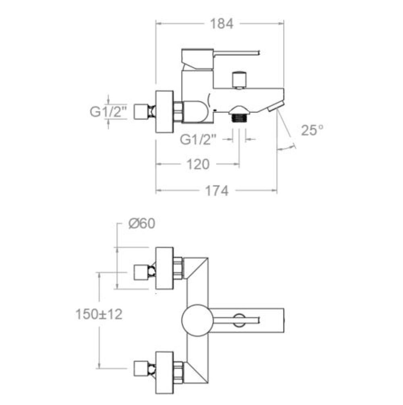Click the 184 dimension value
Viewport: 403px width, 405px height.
click(222, 24)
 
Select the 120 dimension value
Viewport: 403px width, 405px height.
click(198, 164)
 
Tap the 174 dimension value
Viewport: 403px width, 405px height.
click(217, 191)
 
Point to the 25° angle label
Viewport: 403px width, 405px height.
click(312, 130)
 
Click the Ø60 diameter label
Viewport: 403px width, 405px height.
click(142, 223)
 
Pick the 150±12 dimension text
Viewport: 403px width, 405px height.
click(99, 314)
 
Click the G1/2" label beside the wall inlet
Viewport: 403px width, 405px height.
click(108, 112)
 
